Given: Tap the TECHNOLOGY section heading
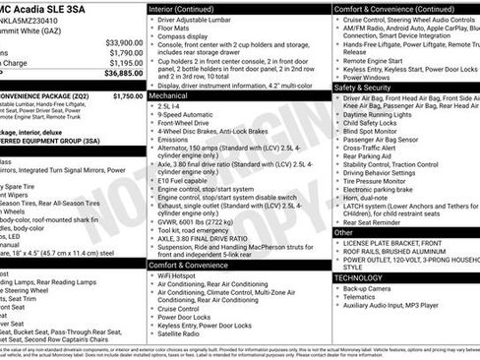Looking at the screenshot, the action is click(x=361, y=278).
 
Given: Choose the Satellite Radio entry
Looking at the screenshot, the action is click(x=187, y=334).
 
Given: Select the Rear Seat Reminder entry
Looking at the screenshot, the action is click(x=379, y=222).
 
